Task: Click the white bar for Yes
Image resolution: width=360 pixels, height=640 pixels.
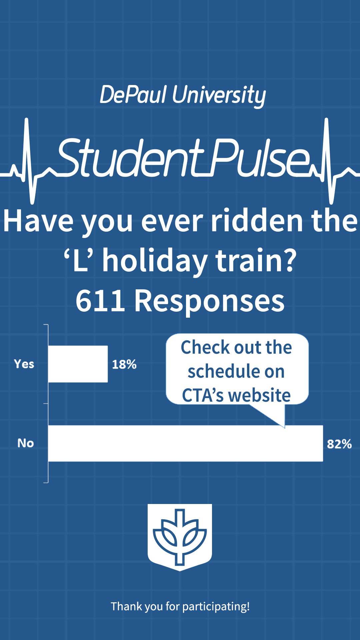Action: [78, 364]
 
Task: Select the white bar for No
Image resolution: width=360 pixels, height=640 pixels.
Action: [186, 443]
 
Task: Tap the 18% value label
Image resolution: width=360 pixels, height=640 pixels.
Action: [124, 364]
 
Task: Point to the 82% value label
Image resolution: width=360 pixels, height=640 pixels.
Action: [339, 444]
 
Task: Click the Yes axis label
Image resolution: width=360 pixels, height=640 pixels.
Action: [24, 364]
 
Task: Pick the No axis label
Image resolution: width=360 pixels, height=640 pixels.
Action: [26, 443]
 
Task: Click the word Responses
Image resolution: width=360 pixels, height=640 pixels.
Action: [209, 302]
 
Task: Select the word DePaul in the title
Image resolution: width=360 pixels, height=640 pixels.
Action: [133, 95]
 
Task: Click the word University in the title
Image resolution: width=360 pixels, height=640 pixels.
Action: [219, 96]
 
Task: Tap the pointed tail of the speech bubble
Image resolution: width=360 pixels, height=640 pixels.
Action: [285, 427]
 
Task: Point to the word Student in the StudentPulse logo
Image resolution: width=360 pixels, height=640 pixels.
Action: [130, 157]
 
